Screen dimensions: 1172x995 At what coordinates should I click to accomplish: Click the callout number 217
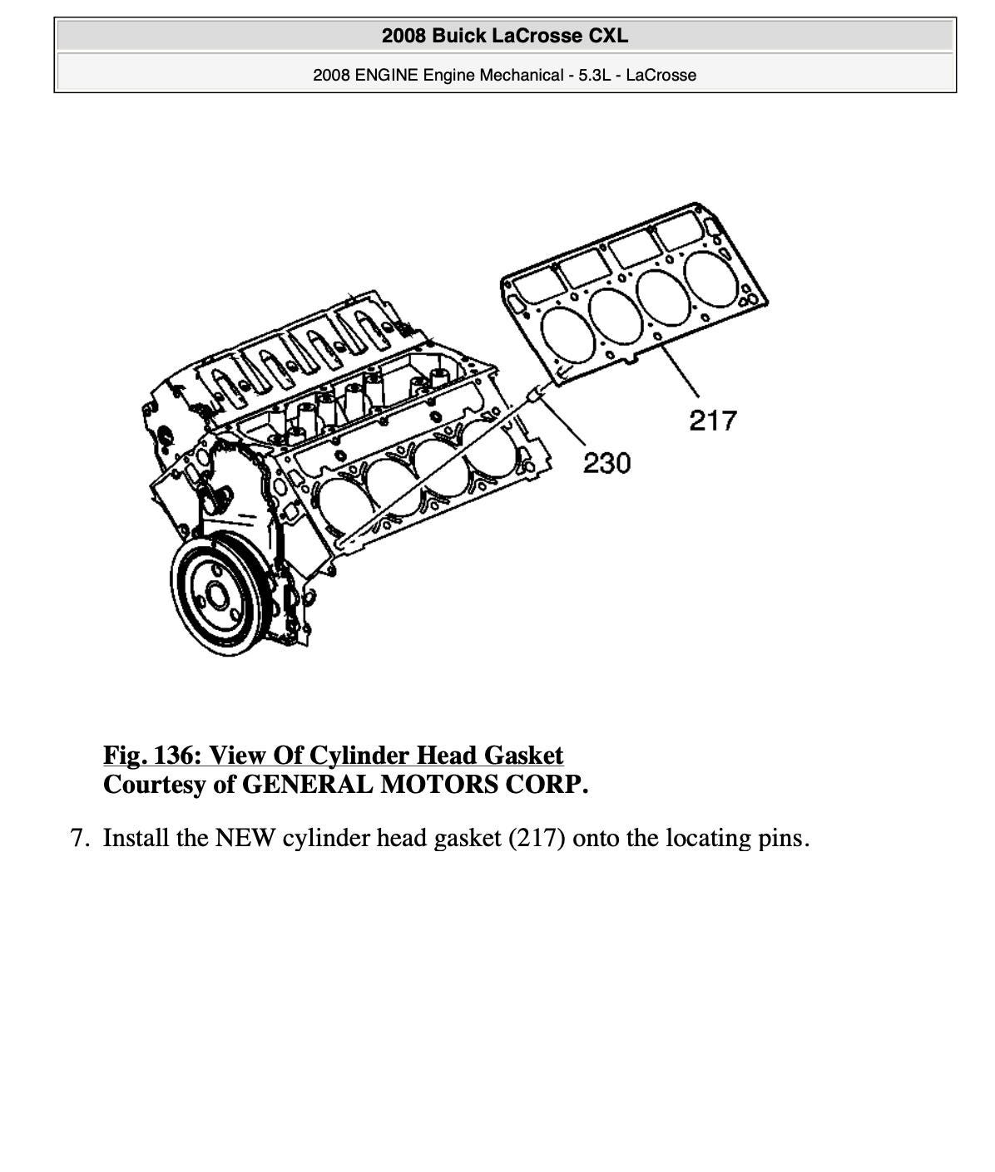point(713,421)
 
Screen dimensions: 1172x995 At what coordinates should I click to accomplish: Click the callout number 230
point(606,463)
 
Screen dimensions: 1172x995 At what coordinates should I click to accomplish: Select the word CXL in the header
point(608,36)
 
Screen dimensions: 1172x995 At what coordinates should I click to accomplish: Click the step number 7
point(78,838)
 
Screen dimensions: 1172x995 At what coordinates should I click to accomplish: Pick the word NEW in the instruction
point(245,838)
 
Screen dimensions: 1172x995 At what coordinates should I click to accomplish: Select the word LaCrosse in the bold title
point(538,36)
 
